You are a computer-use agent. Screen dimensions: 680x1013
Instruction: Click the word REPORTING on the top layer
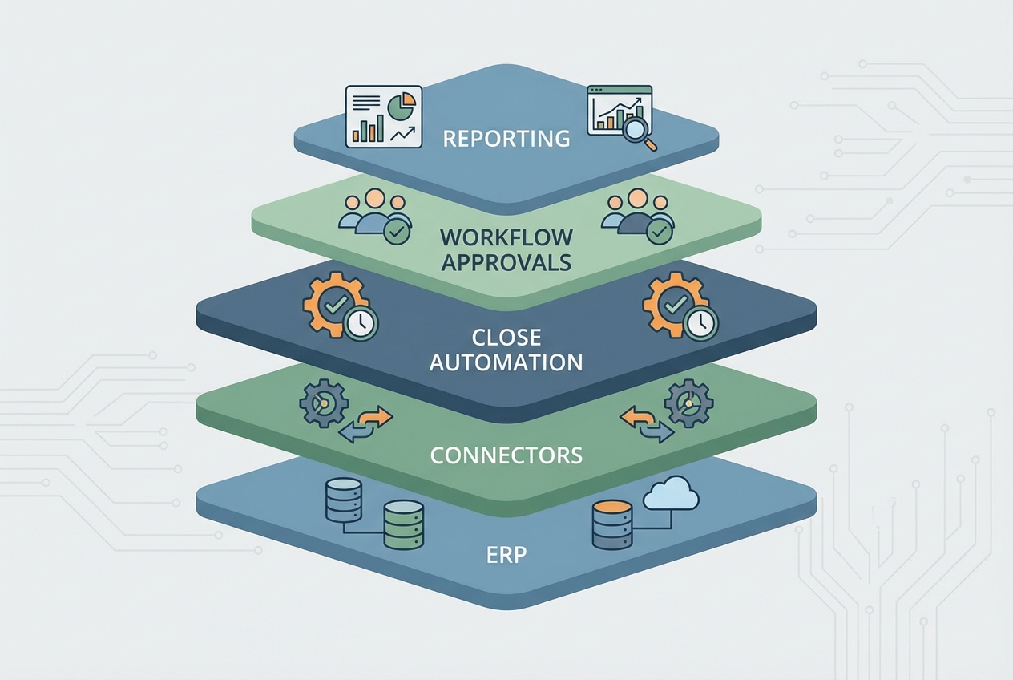[507, 138]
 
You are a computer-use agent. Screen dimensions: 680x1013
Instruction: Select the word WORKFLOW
[507, 237]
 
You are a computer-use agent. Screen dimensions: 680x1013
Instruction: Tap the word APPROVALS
[507, 262]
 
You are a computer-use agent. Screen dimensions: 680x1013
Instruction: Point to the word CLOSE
[507, 336]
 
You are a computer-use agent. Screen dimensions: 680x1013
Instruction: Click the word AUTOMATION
[507, 362]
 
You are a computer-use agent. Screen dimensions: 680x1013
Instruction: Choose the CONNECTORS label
[507, 455]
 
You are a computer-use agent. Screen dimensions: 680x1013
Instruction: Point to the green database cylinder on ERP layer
[403, 525]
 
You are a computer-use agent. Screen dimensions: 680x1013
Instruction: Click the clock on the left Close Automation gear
[361, 322]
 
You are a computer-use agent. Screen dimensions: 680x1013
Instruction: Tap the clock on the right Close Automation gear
[701, 322]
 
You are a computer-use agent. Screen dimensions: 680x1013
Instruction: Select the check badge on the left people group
[395, 232]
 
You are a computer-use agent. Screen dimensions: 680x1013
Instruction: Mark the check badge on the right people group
[659, 232]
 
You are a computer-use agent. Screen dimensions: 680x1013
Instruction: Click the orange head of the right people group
[637, 199]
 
